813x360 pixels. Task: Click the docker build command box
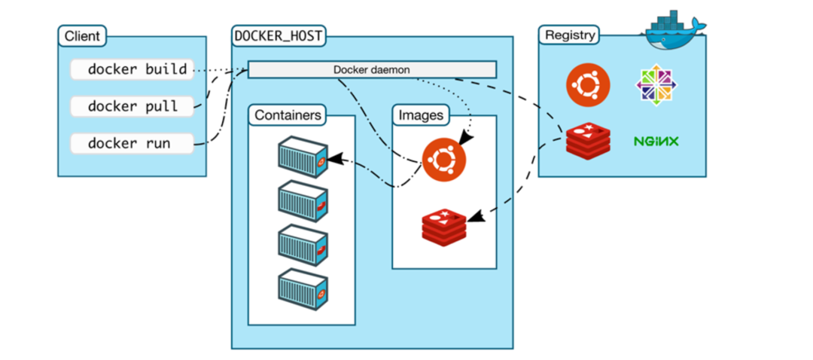click(132, 69)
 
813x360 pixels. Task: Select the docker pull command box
click(132, 105)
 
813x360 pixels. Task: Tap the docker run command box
click(132, 142)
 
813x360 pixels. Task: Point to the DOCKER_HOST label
click(279, 35)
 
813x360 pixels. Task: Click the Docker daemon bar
click(372, 69)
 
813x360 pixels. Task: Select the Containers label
click(288, 115)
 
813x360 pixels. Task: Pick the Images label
click(421, 115)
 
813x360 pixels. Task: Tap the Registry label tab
click(570, 35)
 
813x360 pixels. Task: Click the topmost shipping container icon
click(301, 156)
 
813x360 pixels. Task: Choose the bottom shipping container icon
click(301, 288)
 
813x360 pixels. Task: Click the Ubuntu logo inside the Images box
click(443, 160)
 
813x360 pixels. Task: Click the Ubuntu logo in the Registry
click(587, 84)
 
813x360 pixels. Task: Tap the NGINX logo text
click(656, 141)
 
